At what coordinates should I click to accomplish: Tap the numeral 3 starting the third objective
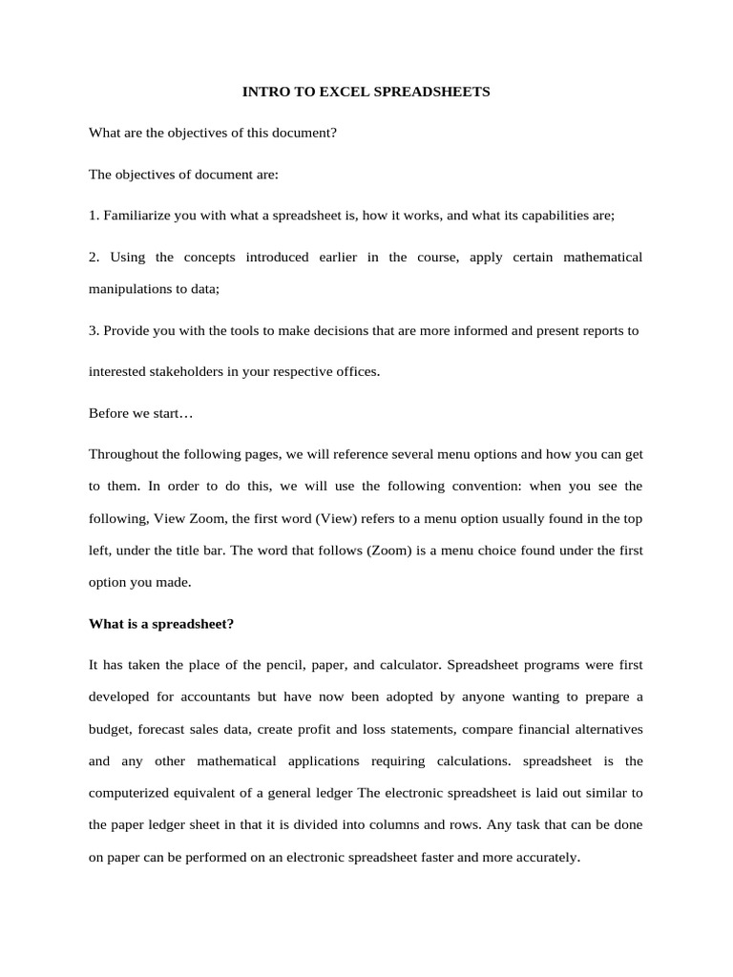pyautogui.click(x=93, y=330)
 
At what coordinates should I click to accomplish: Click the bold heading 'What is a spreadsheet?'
pyautogui.click(x=161, y=624)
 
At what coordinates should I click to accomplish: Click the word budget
pyautogui.click(x=109, y=729)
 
